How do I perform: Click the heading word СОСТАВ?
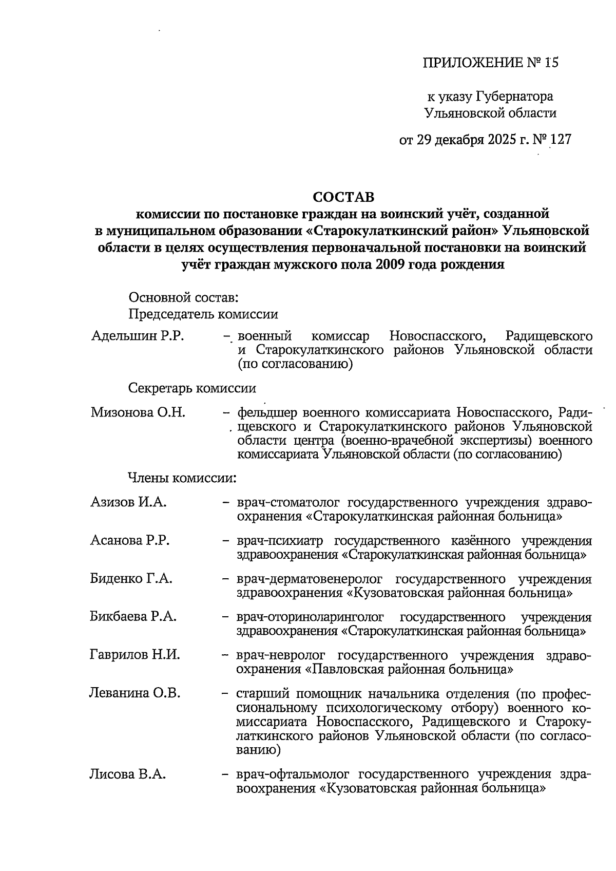[344, 197]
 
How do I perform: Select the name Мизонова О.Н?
[138, 412]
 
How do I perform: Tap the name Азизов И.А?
[128, 502]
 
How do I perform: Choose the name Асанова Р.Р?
[130, 541]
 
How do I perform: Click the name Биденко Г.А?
[131, 579]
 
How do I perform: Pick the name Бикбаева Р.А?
[133, 617]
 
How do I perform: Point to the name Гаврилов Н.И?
[135, 655]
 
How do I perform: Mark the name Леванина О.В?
[135, 694]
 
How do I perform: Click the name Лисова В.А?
[128, 774]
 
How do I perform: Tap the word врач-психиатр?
[282, 541]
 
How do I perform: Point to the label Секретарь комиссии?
[192, 388]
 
